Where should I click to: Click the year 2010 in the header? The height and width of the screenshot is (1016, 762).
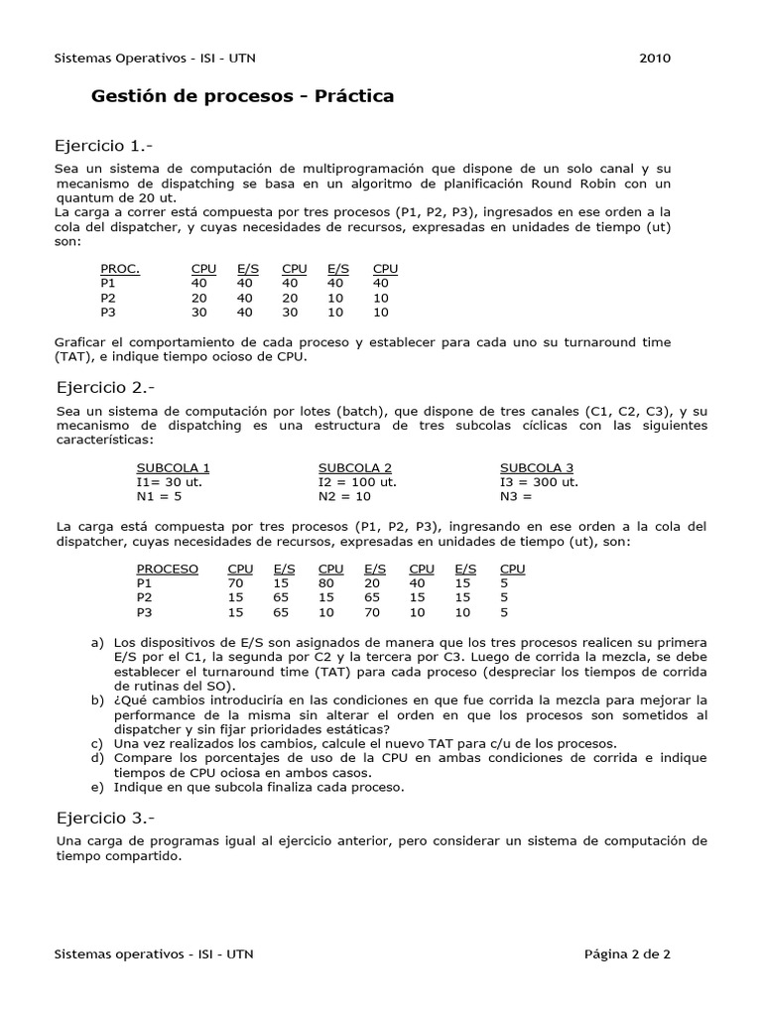(655, 58)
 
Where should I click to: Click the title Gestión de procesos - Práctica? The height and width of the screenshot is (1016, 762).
(242, 96)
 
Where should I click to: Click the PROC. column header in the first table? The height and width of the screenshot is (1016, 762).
(120, 269)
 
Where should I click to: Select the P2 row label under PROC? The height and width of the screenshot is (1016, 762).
(108, 298)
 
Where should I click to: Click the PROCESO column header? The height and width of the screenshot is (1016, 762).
(167, 569)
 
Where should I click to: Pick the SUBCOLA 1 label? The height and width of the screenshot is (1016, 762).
(173, 468)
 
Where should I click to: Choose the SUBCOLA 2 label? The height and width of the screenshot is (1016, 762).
(355, 468)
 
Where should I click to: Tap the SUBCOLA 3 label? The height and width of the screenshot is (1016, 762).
(537, 468)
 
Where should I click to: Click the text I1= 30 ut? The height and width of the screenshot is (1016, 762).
(169, 482)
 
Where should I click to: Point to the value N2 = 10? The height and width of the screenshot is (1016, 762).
(344, 496)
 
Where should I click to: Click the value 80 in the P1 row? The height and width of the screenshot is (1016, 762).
(325, 583)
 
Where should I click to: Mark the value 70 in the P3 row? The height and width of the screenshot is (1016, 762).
(374, 612)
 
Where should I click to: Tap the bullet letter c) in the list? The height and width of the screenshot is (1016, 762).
(96, 743)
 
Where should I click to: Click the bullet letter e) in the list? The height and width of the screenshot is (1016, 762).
(96, 787)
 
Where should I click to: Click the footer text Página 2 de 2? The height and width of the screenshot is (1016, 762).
(627, 954)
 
